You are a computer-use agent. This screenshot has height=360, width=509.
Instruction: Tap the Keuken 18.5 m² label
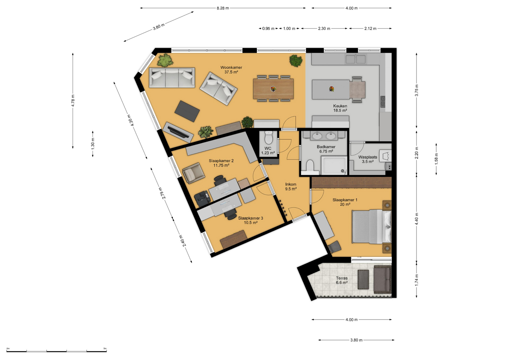click(340, 108)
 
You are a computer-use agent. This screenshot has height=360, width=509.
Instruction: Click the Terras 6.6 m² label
click(342, 280)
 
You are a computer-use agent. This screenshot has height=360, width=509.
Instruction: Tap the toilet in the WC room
click(269, 137)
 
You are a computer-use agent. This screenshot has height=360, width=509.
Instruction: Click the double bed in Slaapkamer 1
click(372, 227)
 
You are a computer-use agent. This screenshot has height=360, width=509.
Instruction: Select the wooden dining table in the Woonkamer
click(273, 89)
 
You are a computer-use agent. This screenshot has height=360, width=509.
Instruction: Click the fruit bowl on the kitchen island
click(332, 89)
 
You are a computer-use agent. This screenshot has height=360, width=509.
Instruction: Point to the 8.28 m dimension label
click(223, 8)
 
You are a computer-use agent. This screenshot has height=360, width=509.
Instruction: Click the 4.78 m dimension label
click(73, 100)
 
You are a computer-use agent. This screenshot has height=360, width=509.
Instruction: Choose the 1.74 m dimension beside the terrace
click(417, 280)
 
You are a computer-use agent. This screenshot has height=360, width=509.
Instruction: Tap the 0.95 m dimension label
click(268, 28)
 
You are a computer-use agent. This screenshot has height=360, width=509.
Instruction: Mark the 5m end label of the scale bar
click(105, 348)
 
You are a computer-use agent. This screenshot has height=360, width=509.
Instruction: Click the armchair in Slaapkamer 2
click(194, 173)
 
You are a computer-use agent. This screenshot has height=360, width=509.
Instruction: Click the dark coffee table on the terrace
click(363, 280)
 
